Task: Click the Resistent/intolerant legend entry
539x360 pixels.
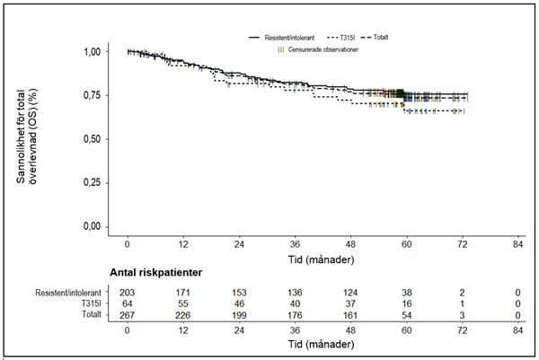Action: coord(281,38)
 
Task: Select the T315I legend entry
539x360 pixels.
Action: coord(340,38)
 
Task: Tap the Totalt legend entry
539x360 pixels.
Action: coord(375,37)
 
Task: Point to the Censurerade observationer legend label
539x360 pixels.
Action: coord(323,49)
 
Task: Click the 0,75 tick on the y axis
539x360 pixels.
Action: coord(92,95)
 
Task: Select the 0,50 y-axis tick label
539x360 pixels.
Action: coord(92,139)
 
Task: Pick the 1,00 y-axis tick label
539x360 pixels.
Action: coord(92,51)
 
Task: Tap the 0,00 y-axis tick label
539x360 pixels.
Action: coord(92,227)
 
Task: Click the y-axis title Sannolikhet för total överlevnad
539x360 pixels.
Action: coord(26,136)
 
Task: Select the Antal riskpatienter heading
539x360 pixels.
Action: coord(156,272)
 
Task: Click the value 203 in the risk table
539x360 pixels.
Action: coord(128,293)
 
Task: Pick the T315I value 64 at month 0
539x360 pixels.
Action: coord(128,304)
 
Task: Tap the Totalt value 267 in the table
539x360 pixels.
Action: coord(128,315)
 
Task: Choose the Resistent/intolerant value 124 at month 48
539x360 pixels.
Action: coord(350,293)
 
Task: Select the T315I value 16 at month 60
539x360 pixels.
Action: coord(406,304)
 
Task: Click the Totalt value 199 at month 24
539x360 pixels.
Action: coord(239,315)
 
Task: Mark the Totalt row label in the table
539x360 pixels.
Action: coord(92,314)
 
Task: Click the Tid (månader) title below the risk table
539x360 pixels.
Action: coord(321,345)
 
